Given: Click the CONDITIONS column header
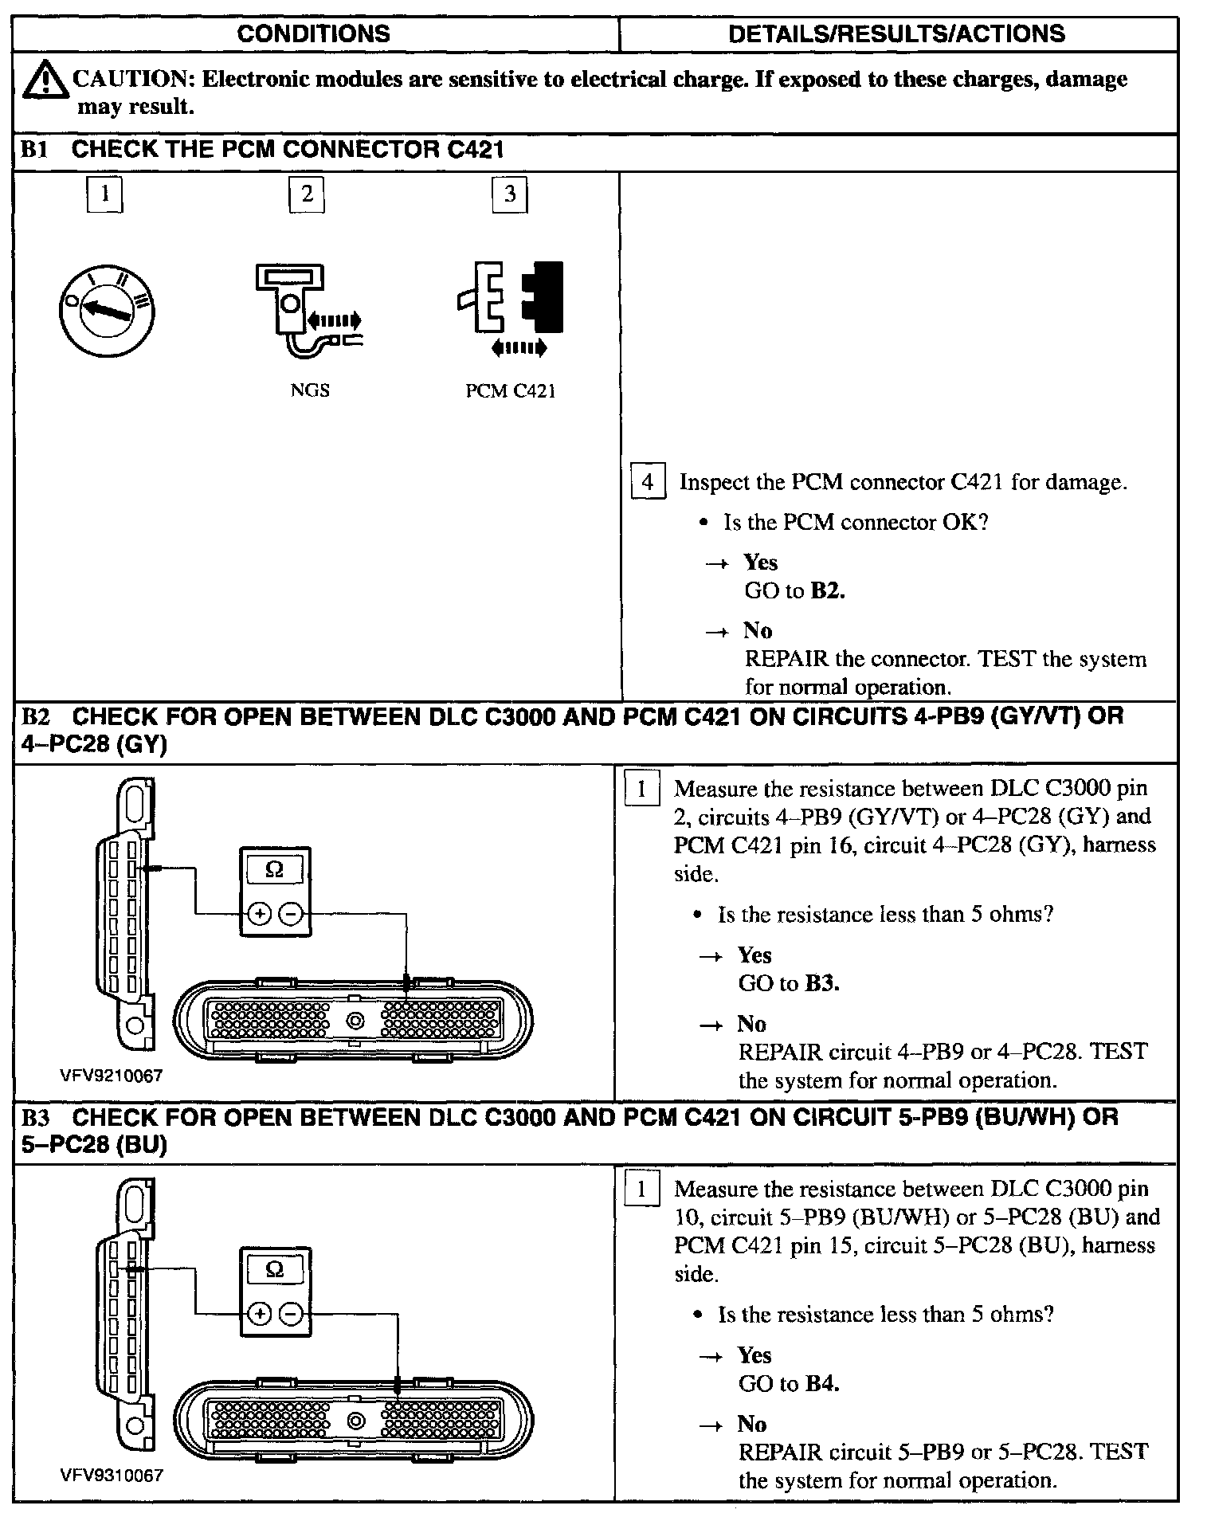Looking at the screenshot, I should tap(314, 33).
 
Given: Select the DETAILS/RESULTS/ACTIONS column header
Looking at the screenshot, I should tap(896, 33).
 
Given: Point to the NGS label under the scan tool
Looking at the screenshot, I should tap(310, 390).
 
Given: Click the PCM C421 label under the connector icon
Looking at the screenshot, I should tap(510, 391).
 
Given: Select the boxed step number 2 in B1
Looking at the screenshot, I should tap(307, 194).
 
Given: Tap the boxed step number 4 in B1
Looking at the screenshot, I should tap(648, 482).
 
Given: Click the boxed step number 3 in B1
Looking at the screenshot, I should tap(510, 194).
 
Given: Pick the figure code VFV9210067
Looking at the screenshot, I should tap(111, 1076).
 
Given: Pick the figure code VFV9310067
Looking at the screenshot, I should tap(111, 1475).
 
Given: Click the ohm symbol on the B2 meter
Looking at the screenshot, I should tap(274, 870).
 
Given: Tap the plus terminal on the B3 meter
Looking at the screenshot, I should tap(259, 1313).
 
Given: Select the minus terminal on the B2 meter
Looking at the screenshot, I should tap(292, 914).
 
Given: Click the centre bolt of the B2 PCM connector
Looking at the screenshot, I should tap(355, 1021).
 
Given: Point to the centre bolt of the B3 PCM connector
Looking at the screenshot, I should tap(355, 1421).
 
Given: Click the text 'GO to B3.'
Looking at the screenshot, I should tap(789, 983).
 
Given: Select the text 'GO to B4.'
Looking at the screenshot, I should tap(789, 1383).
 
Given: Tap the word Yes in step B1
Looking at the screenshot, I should tap(760, 563).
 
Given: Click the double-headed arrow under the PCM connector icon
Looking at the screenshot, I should tap(519, 347).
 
